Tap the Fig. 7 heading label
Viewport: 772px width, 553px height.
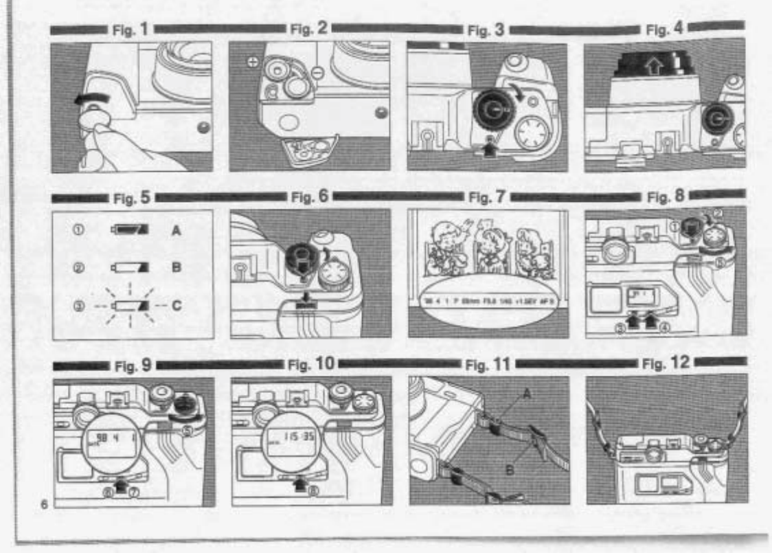pyautogui.click(x=486, y=198)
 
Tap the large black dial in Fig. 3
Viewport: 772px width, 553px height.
pyautogui.click(x=490, y=104)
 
